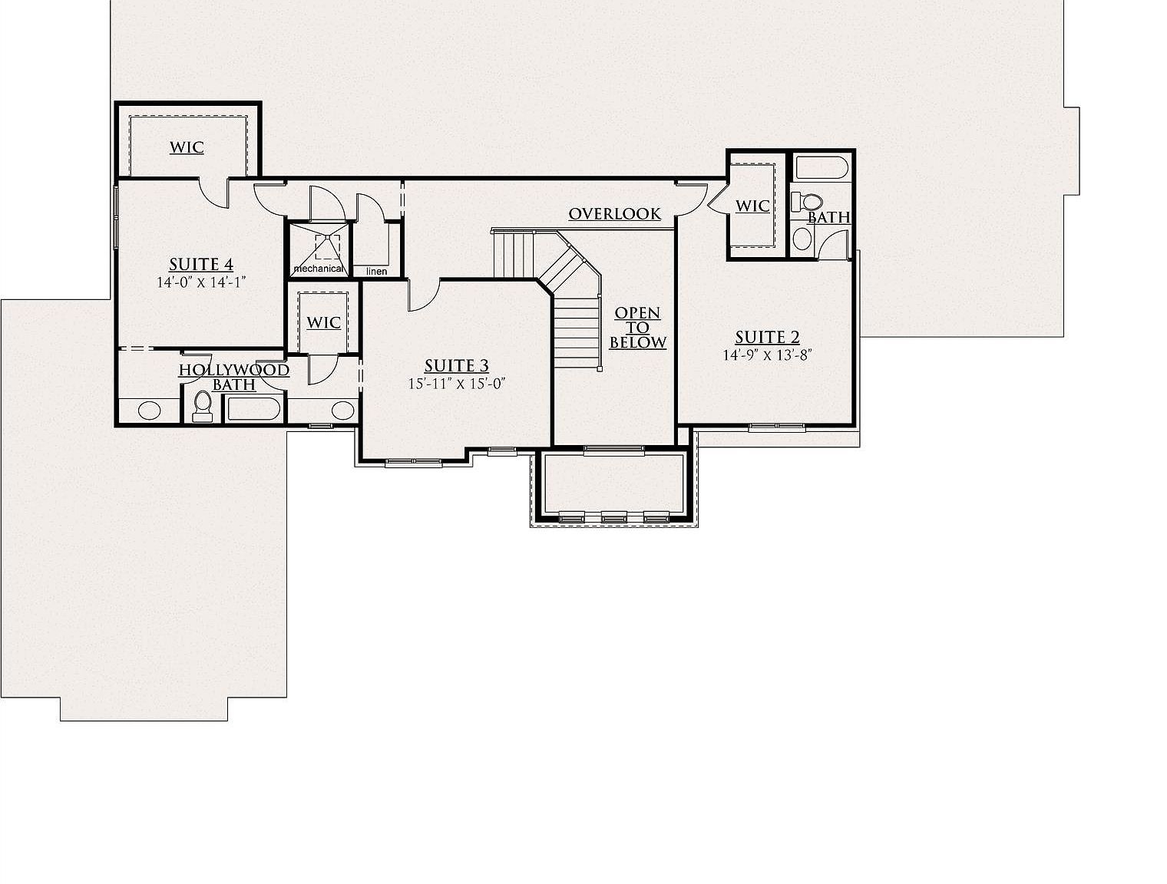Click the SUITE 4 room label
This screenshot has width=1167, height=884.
201,265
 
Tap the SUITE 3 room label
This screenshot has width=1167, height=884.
457,366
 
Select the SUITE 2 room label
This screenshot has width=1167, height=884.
767,337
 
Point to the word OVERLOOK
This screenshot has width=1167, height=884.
614,214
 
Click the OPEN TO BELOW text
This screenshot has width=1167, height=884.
637,328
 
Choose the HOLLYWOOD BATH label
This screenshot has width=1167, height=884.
234,377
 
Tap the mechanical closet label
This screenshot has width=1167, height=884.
318,269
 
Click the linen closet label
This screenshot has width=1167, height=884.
376,272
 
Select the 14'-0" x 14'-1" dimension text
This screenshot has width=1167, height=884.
201,282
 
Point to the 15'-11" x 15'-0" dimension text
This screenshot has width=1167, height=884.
457,384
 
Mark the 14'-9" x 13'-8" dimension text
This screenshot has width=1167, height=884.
767,355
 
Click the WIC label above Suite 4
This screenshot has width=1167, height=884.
187,147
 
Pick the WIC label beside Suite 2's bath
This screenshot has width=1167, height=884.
752,206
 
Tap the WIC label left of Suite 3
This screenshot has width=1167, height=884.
323,322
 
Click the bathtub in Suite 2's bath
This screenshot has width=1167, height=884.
821,167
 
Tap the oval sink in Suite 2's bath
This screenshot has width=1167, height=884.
802,239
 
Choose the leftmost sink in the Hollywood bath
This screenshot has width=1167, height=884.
149,410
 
